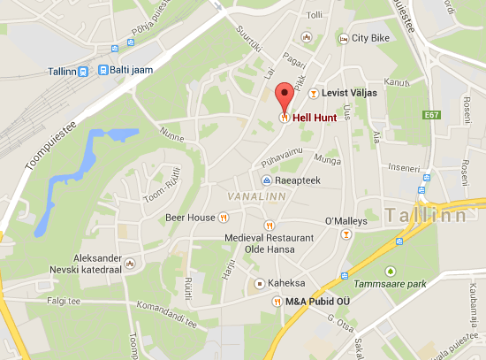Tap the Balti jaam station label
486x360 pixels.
click(125, 70)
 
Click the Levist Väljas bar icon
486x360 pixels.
click(313, 92)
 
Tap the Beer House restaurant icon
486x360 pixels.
click(224, 217)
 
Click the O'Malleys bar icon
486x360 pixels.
click(346, 234)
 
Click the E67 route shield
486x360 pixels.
click(431, 115)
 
